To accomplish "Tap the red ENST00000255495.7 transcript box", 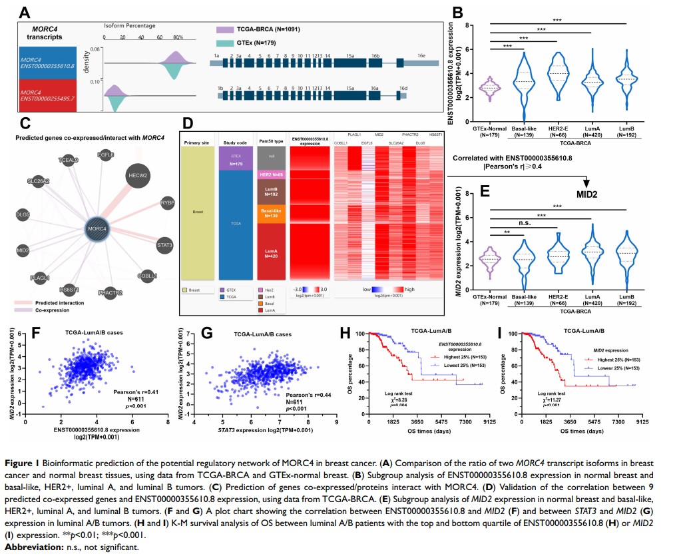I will pyautogui.click(x=47, y=95).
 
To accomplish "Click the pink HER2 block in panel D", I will pyautogui.click(x=272, y=174).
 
